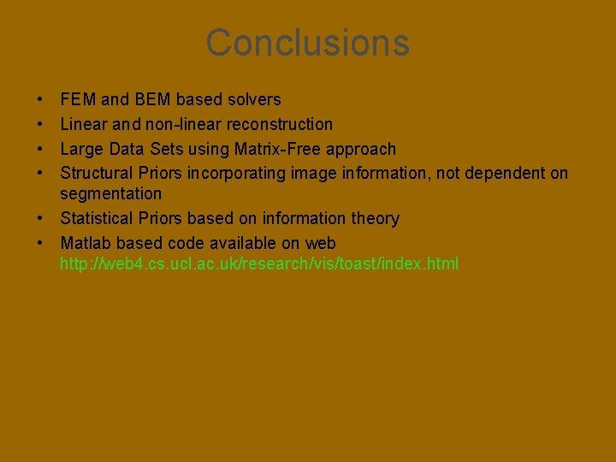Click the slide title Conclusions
[x=307, y=43]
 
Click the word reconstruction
[x=280, y=125]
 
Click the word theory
[x=376, y=219]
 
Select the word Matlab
[x=85, y=244]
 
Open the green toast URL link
[x=259, y=264]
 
